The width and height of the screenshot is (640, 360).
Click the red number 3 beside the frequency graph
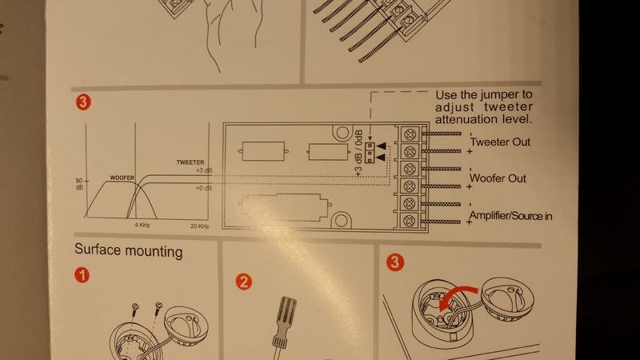(x=83, y=102)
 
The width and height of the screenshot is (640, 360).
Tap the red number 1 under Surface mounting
(x=82, y=275)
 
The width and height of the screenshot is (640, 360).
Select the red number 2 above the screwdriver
(x=244, y=282)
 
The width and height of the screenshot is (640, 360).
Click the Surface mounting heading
(x=129, y=250)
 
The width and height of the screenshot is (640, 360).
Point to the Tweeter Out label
(x=500, y=142)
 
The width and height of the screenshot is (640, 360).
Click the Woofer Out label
(x=498, y=178)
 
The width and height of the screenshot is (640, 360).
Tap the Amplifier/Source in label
(x=510, y=215)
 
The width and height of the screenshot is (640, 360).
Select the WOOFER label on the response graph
(x=122, y=178)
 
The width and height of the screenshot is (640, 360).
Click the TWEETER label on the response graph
(x=190, y=162)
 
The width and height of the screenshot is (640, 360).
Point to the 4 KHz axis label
(x=142, y=225)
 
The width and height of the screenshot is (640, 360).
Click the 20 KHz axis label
(x=200, y=226)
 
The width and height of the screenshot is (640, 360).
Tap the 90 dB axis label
(x=79, y=184)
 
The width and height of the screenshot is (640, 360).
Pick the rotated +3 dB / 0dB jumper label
(x=358, y=154)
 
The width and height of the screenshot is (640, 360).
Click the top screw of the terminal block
(x=410, y=134)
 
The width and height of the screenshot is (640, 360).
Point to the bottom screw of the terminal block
(x=410, y=222)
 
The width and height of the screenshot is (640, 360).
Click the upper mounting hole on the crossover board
(x=342, y=132)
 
